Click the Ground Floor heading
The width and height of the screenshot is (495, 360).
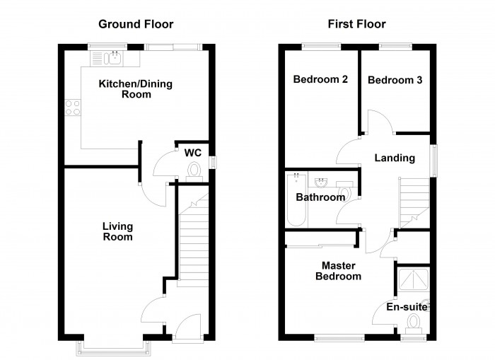click(135, 24)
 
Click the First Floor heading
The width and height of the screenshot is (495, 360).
click(356, 24)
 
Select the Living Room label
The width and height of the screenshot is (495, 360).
click(117, 231)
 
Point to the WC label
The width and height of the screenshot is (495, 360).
click(193, 153)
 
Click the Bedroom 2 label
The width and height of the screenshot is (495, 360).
click(320, 80)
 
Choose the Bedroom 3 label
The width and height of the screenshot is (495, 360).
click(395, 80)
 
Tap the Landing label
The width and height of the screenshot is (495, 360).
click(395, 158)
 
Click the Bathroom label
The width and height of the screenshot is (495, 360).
click(320, 197)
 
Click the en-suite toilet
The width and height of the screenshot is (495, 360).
click(414, 323)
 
